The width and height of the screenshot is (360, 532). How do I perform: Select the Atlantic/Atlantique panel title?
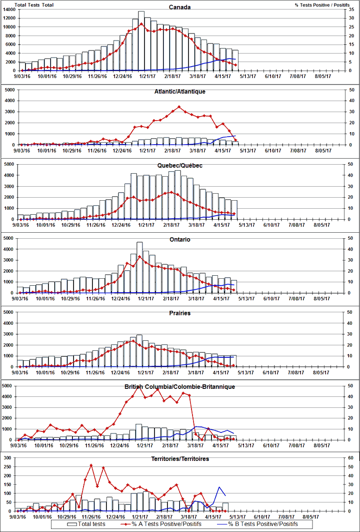pos(179,92)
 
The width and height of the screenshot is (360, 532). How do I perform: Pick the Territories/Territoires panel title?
pos(179,459)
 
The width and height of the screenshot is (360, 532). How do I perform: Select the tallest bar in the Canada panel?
pos(141,40)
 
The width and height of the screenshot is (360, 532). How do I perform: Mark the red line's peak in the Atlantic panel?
pos(179,107)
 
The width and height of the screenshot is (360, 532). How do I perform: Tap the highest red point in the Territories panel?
pos(91,465)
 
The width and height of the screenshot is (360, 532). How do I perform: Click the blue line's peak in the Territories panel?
pos(218,487)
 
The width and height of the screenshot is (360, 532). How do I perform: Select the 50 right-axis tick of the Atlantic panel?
pos(352,90)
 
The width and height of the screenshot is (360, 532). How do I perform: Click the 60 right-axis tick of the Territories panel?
pos(352,458)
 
